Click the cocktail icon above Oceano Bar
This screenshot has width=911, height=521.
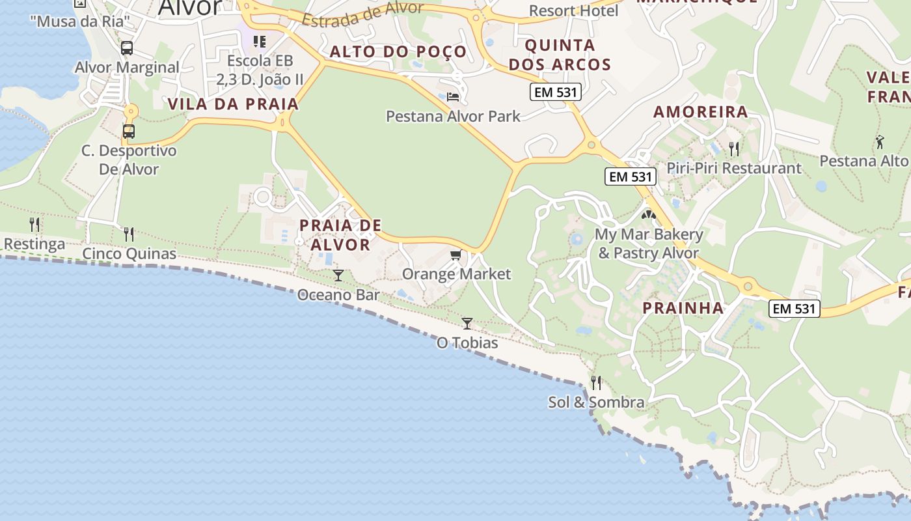point(338,275)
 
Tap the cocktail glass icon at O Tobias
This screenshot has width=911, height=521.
point(467,323)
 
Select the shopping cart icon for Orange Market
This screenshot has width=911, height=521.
point(455,255)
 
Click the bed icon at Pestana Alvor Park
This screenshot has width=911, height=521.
point(453,97)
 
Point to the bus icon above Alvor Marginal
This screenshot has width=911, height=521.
point(127,48)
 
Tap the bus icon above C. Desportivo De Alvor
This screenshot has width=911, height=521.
point(129,131)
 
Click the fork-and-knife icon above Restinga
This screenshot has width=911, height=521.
point(34,225)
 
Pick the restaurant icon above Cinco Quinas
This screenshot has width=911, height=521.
point(129,234)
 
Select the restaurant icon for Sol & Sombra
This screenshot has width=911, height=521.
point(596,382)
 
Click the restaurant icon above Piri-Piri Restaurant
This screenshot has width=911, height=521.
point(734,149)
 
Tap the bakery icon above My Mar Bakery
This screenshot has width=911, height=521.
point(649,214)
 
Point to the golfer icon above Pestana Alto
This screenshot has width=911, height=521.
point(880,141)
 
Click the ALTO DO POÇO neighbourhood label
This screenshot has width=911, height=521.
point(398,51)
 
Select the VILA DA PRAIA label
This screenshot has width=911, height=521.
point(233,104)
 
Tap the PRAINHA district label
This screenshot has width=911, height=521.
point(683,308)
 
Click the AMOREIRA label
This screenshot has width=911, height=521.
point(701,111)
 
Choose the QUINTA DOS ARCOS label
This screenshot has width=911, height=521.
point(560,55)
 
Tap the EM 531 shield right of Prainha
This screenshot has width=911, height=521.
point(794,309)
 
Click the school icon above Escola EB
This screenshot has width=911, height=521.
point(260,42)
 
